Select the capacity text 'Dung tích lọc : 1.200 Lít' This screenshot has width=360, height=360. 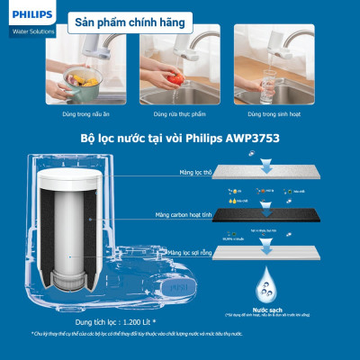(x=104, y=319)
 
